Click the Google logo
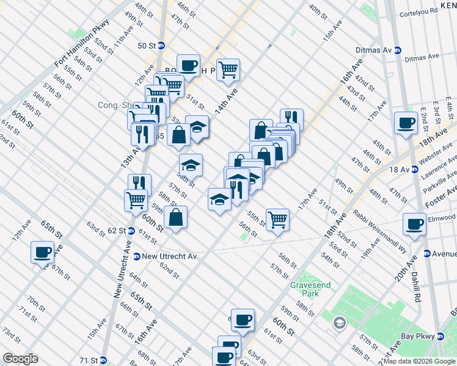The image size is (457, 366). click(20, 359)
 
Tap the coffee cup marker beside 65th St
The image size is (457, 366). click(43, 252)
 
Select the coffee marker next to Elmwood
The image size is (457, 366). click(414, 224)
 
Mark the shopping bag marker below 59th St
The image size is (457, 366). click(175, 217)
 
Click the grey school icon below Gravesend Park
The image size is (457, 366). click(340, 323)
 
